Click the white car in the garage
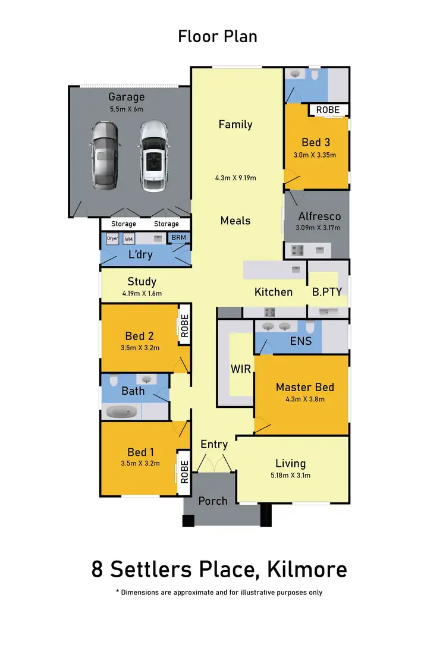point(154,156)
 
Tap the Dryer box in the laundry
point(112,238)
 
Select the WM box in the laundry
point(128,238)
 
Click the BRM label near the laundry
point(178,238)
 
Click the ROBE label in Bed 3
point(328,110)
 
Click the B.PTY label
point(326,292)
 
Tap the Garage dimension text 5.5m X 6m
point(126,109)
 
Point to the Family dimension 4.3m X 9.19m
point(235,177)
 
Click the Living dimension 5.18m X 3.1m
point(291,475)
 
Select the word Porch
point(213,501)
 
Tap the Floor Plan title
point(218,36)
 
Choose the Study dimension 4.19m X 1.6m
point(142,293)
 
